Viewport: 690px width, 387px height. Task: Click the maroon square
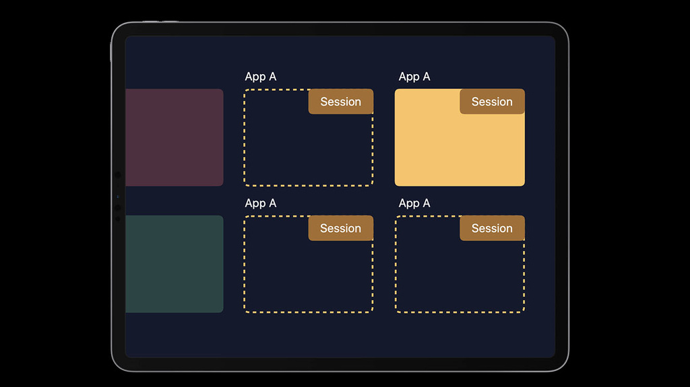tap(175, 137)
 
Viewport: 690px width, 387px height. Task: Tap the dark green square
tap(175, 264)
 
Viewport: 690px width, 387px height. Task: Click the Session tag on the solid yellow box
tap(493, 102)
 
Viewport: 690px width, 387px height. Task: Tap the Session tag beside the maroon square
tap(341, 102)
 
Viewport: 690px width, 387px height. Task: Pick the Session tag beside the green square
tap(341, 227)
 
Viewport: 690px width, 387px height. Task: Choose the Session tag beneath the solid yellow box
tap(493, 227)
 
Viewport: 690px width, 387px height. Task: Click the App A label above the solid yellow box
tap(414, 77)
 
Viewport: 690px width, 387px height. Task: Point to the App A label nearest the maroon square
tap(261, 77)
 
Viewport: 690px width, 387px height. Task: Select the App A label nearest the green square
tap(261, 204)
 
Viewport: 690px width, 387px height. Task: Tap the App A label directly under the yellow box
tap(414, 204)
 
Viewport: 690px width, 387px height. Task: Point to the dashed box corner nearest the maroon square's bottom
tap(245, 184)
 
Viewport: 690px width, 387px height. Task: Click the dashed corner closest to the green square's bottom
tap(245, 311)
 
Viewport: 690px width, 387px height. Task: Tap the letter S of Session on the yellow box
tap(475, 102)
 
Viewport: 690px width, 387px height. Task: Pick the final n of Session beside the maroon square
tap(358, 102)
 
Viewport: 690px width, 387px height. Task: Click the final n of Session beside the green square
tap(358, 229)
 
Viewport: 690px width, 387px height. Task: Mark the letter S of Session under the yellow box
tap(475, 228)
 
